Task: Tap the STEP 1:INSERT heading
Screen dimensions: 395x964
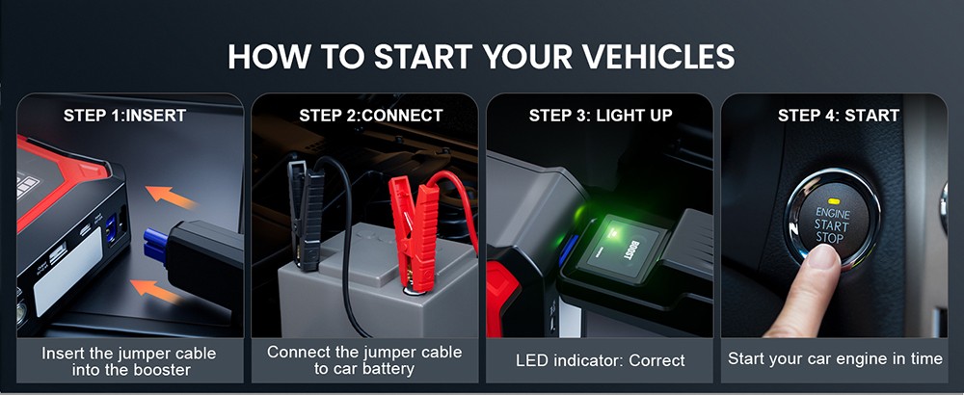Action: point(124,116)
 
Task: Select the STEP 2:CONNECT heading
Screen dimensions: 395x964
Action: point(371,116)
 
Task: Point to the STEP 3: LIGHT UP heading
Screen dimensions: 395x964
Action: point(601,116)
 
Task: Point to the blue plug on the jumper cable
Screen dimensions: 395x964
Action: point(154,247)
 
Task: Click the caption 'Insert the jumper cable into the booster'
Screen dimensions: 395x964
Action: point(129,360)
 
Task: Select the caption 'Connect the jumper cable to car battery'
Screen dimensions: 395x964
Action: point(364,360)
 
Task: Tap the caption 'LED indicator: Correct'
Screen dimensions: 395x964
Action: point(601,360)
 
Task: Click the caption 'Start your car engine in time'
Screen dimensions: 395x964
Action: point(835,358)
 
